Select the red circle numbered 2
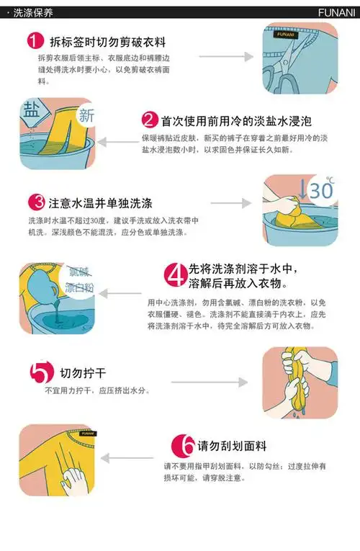(150, 119)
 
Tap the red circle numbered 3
(37, 202)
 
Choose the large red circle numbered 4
(175, 274)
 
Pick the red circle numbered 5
(41, 372)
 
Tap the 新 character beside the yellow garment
(86, 115)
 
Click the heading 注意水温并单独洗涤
(100, 202)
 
